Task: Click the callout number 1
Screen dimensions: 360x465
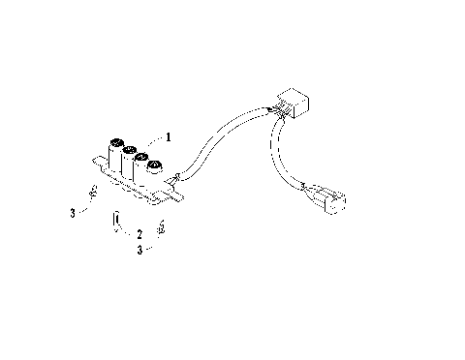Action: [169, 138]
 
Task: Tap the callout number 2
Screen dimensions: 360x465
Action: [139, 233]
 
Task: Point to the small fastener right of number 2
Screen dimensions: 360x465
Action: [163, 228]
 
